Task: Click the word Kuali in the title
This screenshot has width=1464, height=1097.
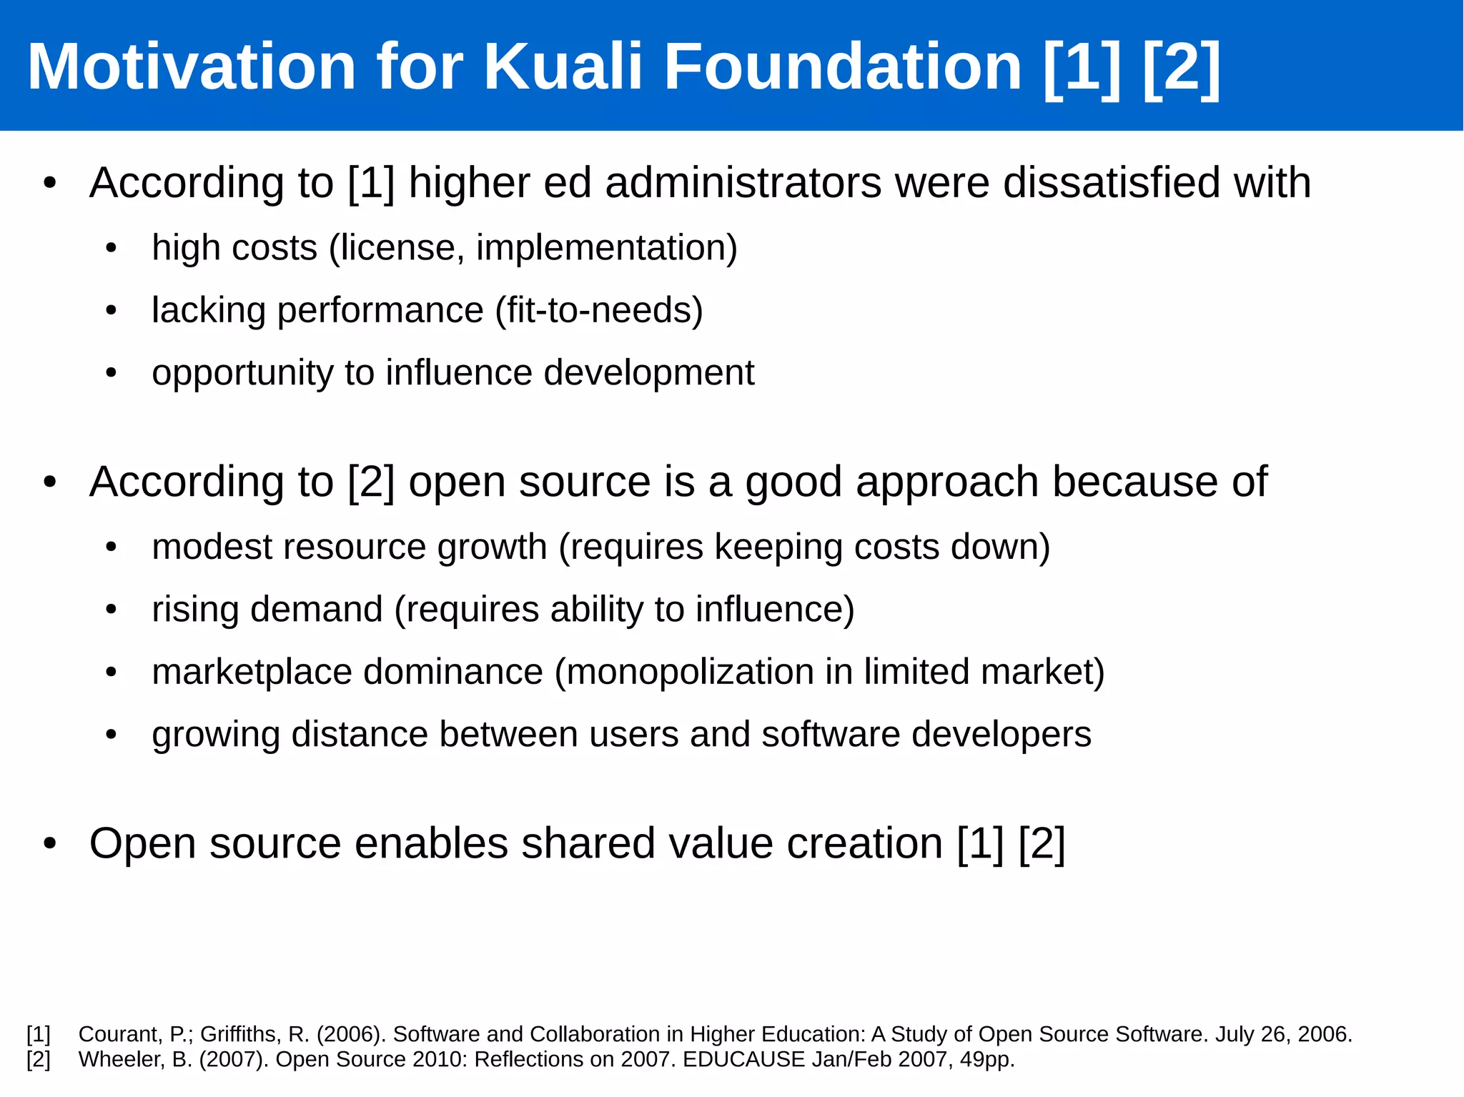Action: click(563, 66)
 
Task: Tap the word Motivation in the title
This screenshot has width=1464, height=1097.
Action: click(191, 66)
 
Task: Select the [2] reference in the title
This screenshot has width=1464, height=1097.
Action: click(1181, 66)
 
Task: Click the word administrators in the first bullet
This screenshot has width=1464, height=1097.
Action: click(743, 183)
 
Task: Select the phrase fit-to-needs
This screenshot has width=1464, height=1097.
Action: click(599, 311)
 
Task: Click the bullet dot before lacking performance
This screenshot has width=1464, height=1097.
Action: click(111, 312)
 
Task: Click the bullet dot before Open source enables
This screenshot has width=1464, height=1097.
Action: click(49, 844)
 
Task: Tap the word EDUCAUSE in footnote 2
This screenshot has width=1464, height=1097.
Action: click(743, 1059)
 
